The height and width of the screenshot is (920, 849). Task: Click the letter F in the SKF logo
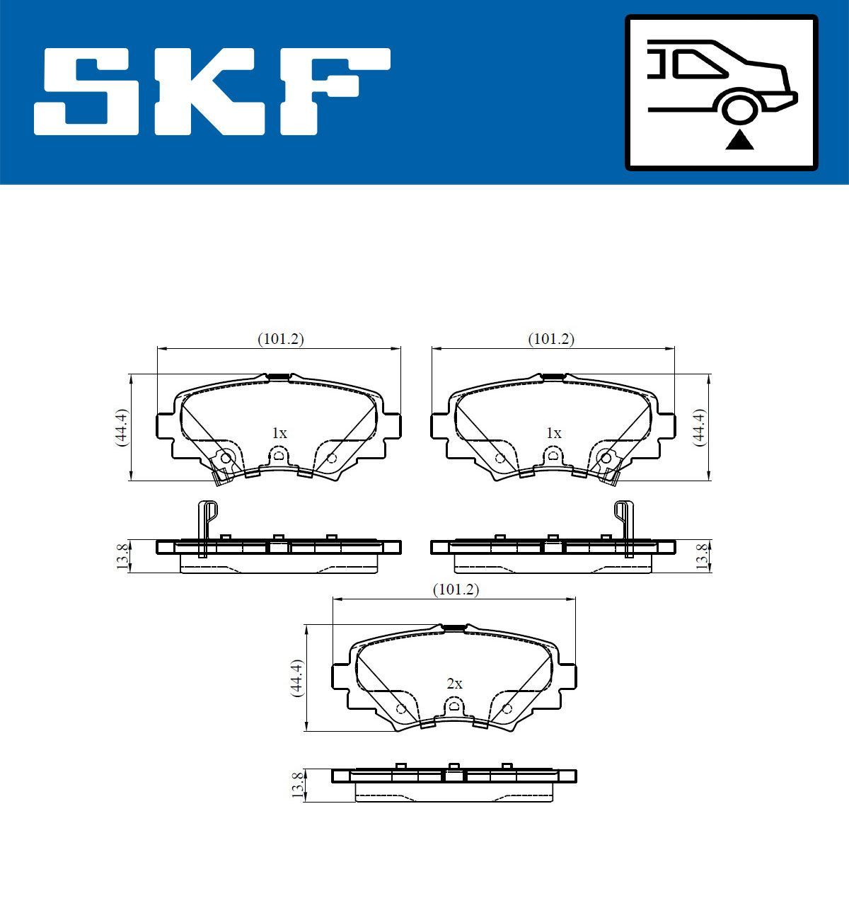click(x=333, y=91)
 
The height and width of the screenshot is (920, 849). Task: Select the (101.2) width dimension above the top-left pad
click(x=280, y=339)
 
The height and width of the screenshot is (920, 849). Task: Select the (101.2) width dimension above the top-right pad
click(x=551, y=339)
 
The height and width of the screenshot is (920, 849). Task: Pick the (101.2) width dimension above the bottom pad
click(x=456, y=590)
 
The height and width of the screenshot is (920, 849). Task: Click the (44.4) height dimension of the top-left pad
click(x=121, y=427)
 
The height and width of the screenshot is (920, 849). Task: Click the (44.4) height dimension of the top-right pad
click(x=699, y=427)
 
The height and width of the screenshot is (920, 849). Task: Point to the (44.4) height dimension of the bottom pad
click(x=297, y=678)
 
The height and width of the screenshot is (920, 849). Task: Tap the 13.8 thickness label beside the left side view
click(x=121, y=556)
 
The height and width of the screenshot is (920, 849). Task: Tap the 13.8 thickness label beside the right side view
click(x=701, y=556)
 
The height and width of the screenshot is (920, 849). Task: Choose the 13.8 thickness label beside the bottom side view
click(x=297, y=786)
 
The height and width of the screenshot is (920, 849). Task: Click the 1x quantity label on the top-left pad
click(x=279, y=433)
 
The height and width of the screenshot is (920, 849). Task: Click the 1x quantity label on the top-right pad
click(x=553, y=433)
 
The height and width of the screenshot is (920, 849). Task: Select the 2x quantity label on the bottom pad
click(x=454, y=684)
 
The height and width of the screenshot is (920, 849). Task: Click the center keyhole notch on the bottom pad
click(x=454, y=706)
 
